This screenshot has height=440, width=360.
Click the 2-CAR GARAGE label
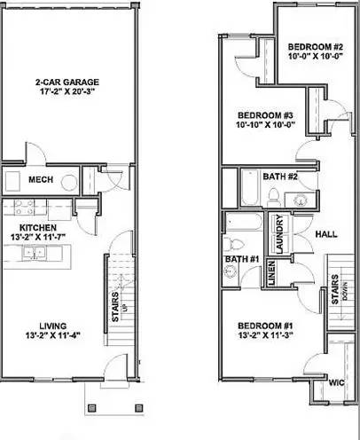point(68,81)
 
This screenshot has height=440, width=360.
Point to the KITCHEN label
point(40,228)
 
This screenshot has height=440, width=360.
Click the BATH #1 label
point(237,259)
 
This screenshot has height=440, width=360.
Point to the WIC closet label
point(336,383)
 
